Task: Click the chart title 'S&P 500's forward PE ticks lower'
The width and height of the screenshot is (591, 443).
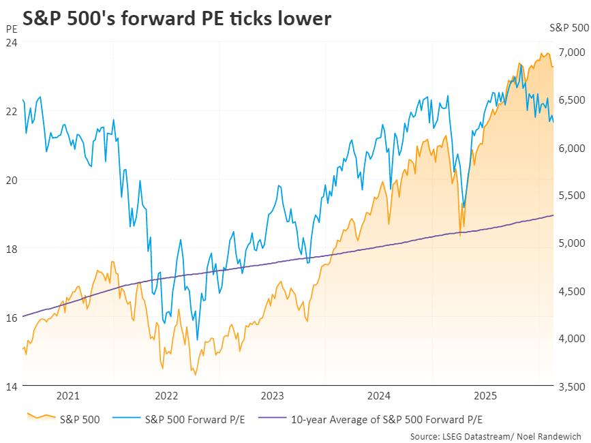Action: [x=177, y=18]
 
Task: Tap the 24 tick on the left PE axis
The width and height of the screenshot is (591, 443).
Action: [x=12, y=42]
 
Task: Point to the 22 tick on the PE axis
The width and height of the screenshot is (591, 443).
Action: [x=12, y=111]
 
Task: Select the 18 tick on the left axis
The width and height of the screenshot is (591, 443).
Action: [x=12, y=249]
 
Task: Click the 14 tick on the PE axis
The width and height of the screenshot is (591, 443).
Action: [x=12, y=386]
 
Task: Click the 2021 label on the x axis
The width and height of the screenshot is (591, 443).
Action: [x=68, y=395]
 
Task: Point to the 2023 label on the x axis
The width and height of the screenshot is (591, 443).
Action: [x=273, y=395]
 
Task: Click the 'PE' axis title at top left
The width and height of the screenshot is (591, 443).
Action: [x=12, y=29]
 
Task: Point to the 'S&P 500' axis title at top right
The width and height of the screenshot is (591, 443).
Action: [x=569, y=28]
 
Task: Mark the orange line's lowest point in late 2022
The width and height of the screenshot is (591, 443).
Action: [x=196, y=374]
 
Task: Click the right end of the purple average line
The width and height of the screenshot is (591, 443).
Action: [x=553, y=215]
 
